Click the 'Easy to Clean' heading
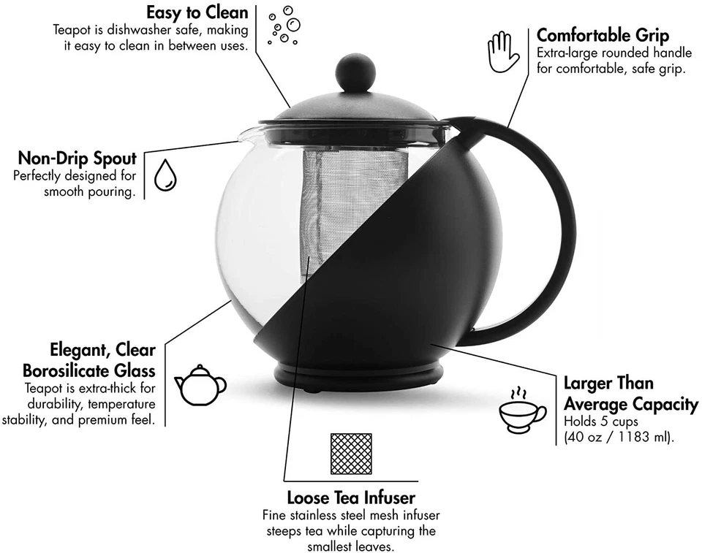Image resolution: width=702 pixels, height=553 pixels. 197,12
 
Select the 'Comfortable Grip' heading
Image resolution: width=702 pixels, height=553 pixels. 603,35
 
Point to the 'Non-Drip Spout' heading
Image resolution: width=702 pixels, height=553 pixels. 77,159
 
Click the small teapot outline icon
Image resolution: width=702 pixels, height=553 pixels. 200,384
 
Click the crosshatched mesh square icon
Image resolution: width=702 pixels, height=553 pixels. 351,454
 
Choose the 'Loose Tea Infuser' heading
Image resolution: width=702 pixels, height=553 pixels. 351,498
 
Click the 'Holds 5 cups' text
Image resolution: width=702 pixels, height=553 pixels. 601,422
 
